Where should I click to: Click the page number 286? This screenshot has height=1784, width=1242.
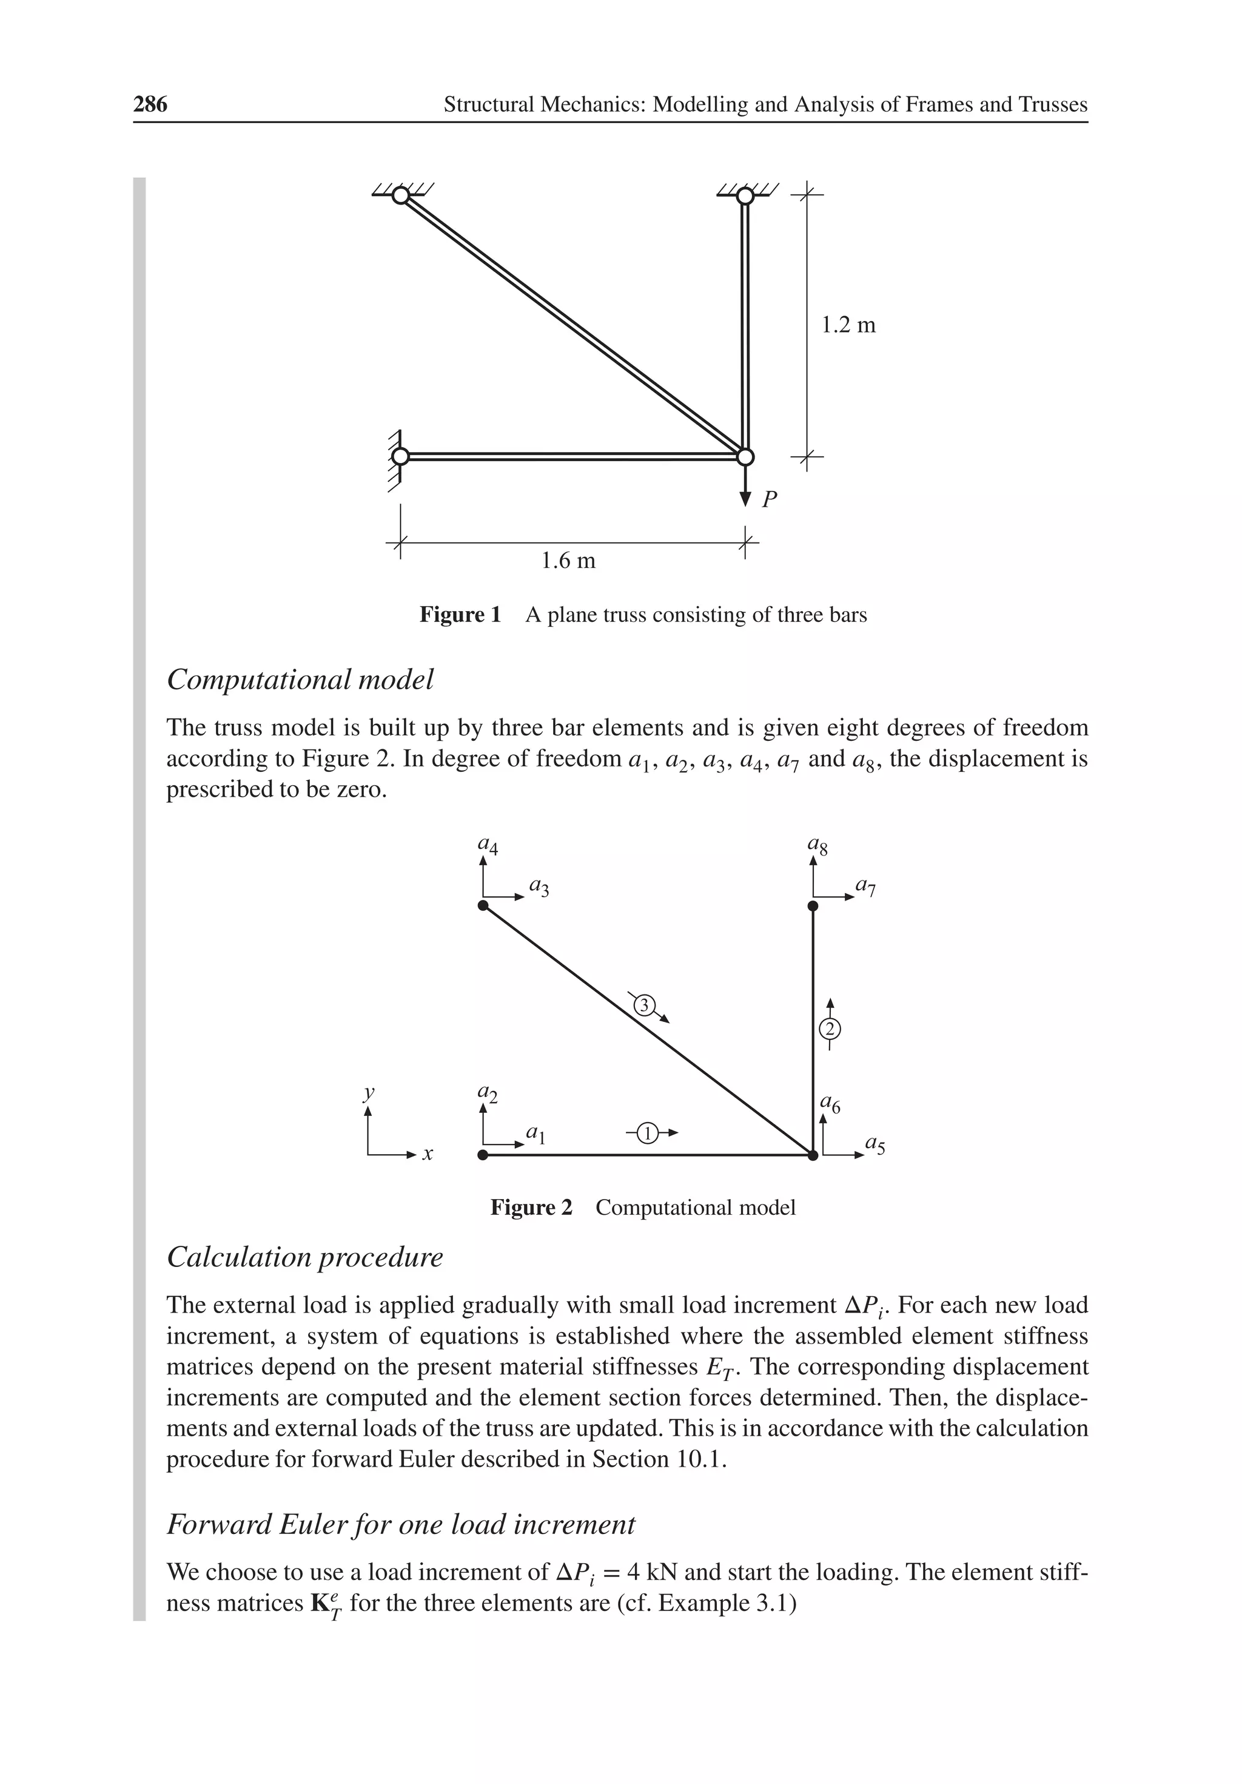pyautogui.click(x=150, y=104)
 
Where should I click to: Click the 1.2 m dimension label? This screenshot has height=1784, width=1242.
pyautogui.click(x=848, y=325)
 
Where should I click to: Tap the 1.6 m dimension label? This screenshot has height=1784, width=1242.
pyautogui.click(x=568, y=560)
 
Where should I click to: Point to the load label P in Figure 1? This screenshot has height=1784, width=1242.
pyautogui.click(x=769, y=499)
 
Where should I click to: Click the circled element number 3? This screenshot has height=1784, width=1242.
pyautogui.click(x=644, y=1005)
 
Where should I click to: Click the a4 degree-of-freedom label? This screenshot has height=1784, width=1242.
pyautogui.click(x=488, y=844)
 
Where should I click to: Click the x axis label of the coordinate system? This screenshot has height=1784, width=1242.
pyautogui.click(x=427, y=1155)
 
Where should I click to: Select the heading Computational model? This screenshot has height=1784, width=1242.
pyautogui.click(x=300, y=680)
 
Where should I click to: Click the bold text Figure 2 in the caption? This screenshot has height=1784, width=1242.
pyautogui.click(x=531, y=1208)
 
